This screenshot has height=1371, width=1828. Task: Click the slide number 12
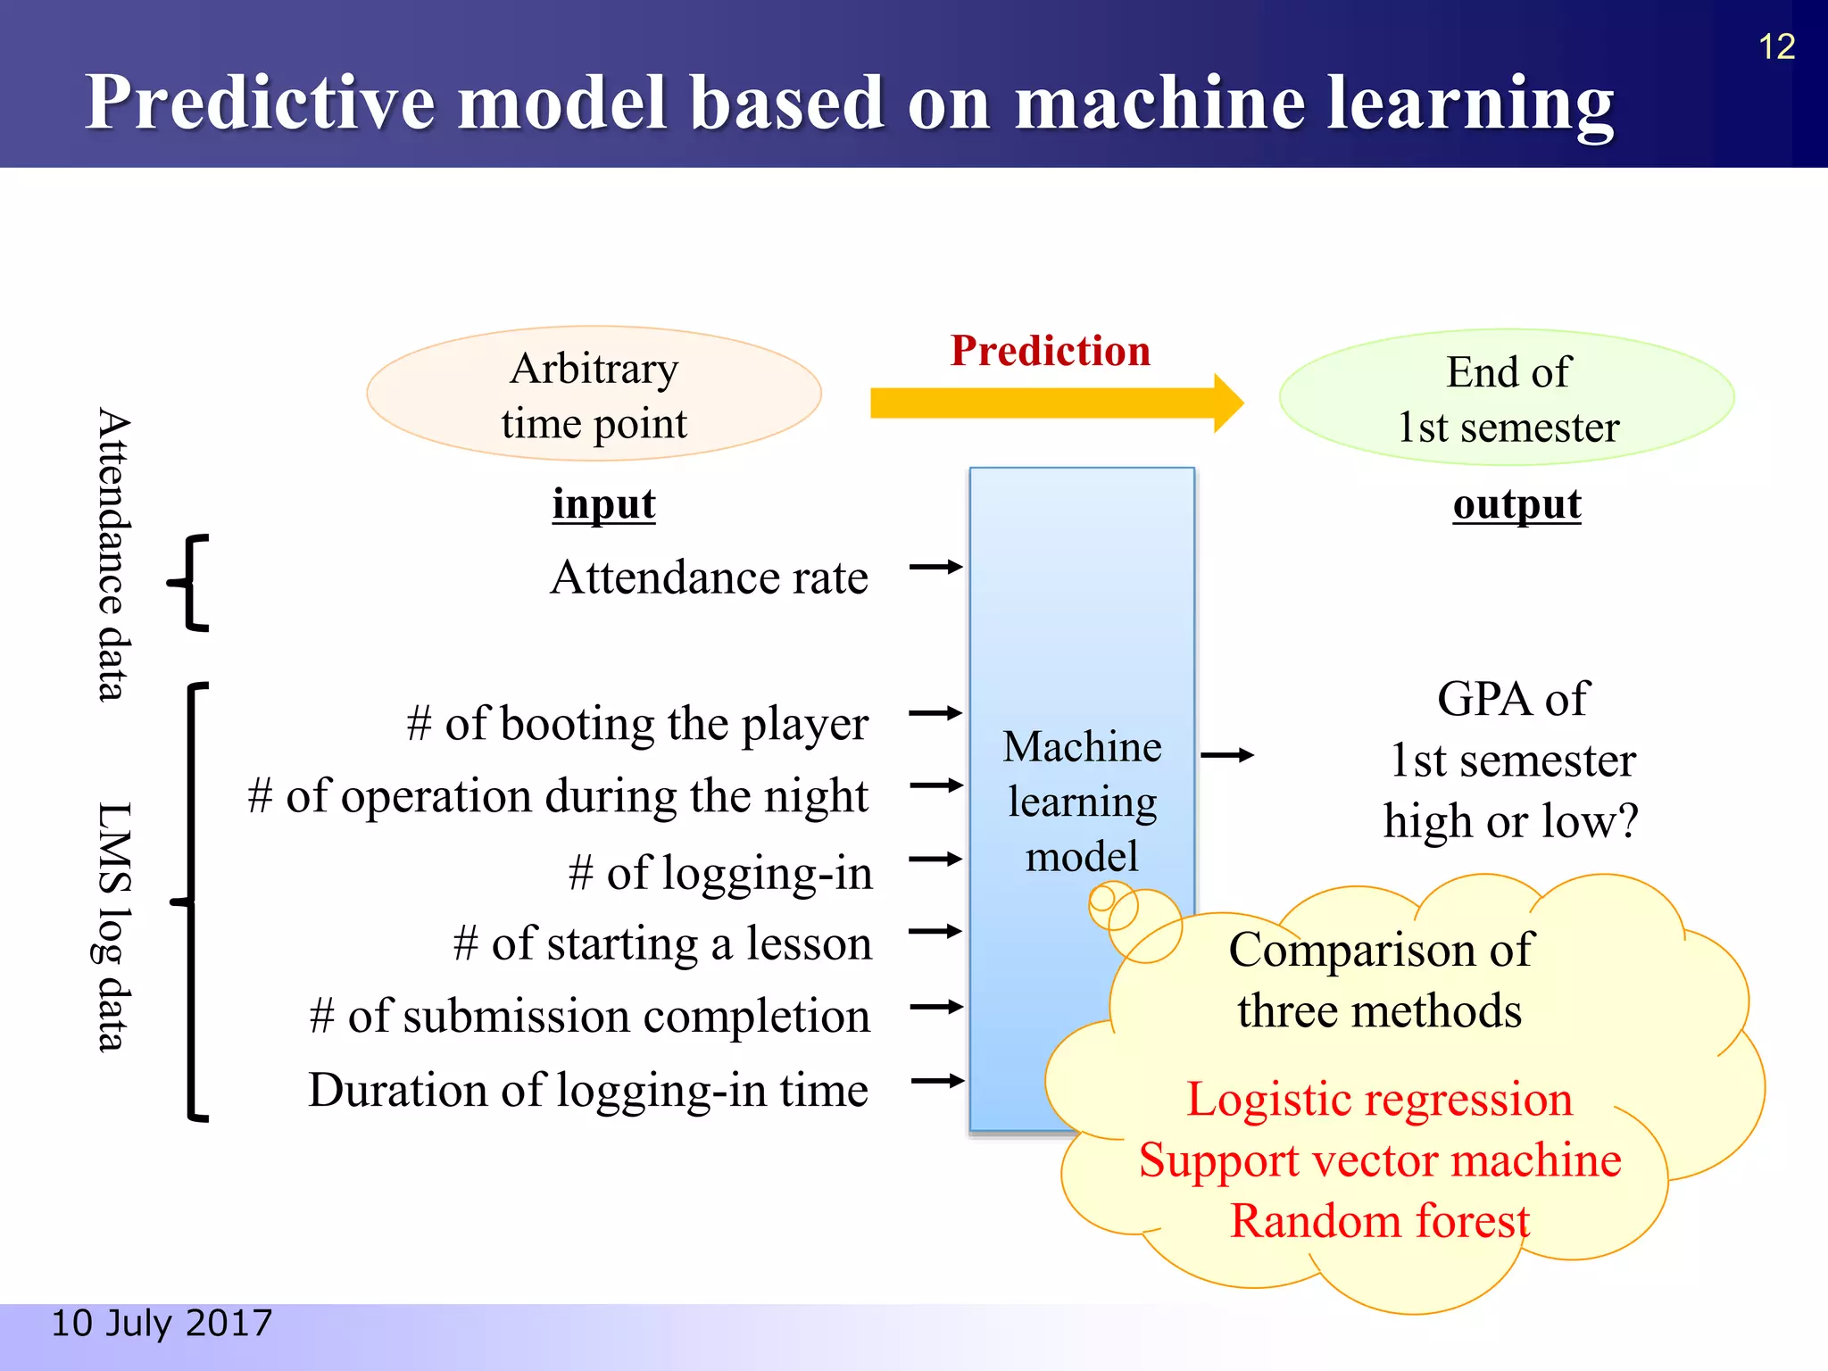click(1775, 46)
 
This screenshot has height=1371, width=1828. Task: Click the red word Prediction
click(1050, 351)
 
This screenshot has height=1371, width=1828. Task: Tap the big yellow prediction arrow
click(1053, 403)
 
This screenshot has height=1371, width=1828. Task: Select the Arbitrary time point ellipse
click(594, 395)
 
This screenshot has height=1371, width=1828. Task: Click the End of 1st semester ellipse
click(1507, 398)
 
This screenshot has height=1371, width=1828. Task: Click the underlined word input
click(603, 504)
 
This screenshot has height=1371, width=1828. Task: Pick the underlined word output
click(1516, 504)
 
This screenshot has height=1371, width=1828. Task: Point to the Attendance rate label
click(709, 577)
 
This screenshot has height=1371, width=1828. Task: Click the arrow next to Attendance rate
click(935, 567)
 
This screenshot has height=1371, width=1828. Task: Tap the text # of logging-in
click(720, 873)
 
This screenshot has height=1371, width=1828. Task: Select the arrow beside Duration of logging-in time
click(937, 1081)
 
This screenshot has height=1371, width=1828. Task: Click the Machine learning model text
click(1082, 801)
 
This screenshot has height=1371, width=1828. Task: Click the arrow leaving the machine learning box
click(1227, 755)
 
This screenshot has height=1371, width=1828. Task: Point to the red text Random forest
click(1379, 1221)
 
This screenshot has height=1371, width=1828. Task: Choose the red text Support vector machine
click(1380, 1160)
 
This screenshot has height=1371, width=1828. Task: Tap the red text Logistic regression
click(1379, 1099)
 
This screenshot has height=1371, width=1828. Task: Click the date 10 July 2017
click(162, 1323)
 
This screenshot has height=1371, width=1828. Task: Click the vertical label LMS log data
click(112, 926)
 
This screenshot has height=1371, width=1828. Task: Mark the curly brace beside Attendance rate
click(190, 584)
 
